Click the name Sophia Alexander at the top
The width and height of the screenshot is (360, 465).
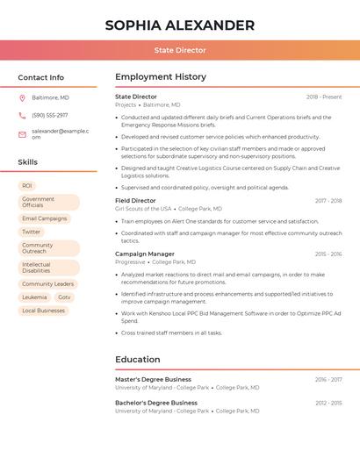click(180, 25)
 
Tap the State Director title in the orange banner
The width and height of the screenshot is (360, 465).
click(180, 51)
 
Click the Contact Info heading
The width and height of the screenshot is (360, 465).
click(40, 77)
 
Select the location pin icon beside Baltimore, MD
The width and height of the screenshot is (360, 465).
click(22, 97)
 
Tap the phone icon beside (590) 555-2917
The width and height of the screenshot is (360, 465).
click(22, 115)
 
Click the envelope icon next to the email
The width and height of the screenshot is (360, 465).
click(22, 133)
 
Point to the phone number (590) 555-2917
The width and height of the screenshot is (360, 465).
click(49, 115)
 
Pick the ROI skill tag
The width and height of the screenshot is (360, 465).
click(27, 186)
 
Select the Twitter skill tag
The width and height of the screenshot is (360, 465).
click(32, 232)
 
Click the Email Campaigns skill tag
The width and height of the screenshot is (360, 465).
click(44, 218)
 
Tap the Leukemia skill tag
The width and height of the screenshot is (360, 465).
click(34, 297)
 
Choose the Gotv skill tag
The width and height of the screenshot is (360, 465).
click(64, 297)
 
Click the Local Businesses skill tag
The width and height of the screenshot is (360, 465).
click(43, 311)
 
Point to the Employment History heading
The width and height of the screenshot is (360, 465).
click(161, 77)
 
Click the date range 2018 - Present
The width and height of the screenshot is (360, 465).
click(324, 97)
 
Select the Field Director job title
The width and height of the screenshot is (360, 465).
click(135, 200)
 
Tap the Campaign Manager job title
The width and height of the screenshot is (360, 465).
click(145, 254)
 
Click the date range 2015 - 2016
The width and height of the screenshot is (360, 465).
click(328, 254)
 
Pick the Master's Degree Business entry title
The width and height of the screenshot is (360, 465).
click(153, 379)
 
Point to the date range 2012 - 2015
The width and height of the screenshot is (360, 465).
click(328, 403)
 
